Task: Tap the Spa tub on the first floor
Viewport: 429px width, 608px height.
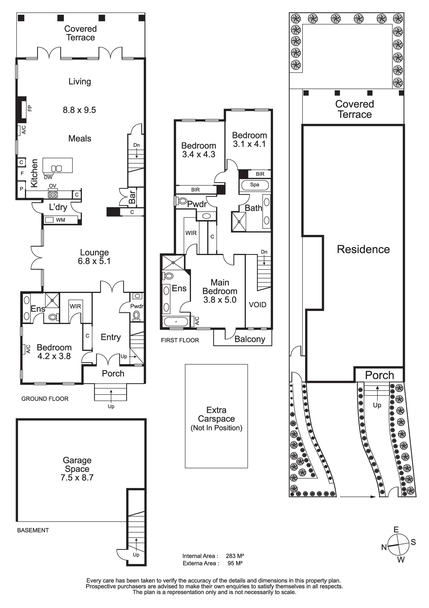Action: click(x=254, y=185)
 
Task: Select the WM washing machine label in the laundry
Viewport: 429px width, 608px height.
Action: click(x=60, y=220)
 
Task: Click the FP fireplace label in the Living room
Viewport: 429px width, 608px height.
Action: click(x=30, y=108)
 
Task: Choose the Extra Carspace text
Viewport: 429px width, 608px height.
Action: click(x=216, y=414)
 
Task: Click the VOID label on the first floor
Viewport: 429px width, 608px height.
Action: click(x=257, y=305)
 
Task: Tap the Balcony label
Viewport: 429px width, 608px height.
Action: click(x=250, y=339)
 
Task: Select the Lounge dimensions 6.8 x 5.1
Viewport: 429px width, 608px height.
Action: click(x=94, y=261)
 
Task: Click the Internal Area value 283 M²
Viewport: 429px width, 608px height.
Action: click(x=235, y=556)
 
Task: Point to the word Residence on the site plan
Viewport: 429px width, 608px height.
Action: click(x=363, y=250)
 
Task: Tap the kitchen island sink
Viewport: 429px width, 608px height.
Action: click(x=56, y=169)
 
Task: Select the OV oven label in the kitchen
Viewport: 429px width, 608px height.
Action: click(x=53, y=186)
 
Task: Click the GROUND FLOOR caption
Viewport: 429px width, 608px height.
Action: click(x=45, y=399)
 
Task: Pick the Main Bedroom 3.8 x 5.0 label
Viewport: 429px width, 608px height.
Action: click(x=220, y=291)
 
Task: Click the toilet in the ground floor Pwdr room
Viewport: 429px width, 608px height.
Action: click(x=136, y=315)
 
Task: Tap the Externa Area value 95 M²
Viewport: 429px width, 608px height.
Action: click(x=235, y=563)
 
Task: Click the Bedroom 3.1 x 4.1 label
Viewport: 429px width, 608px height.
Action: click(x=249, y=140)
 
